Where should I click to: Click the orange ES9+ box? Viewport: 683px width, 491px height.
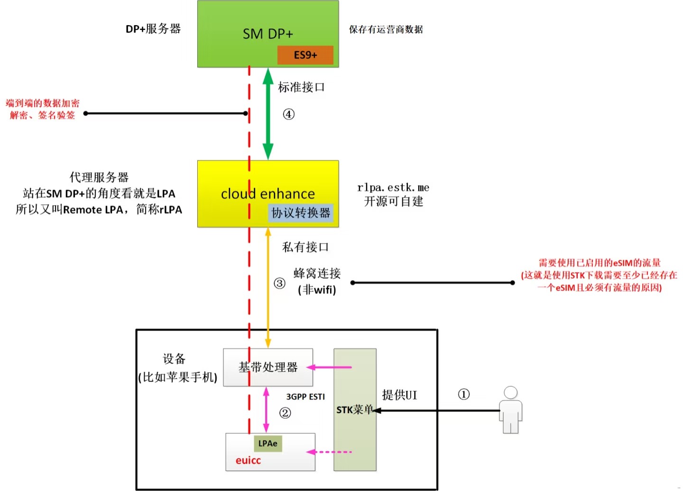click(x=305, y=55)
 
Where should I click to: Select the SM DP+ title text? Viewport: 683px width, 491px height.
click(x=268, y=34)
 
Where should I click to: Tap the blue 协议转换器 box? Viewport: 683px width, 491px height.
click(x=301, y=213)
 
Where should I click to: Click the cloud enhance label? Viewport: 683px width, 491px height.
click(x=268, y=193)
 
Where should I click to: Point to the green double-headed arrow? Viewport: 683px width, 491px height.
click(x=268, y=114)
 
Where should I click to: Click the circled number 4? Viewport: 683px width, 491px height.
click(x=288, y=114)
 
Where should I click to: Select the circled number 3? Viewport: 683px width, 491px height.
click(x=279, y=283)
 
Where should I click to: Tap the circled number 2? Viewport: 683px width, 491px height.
click(x=285, y=413)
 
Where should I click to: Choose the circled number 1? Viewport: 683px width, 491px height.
click(x=463, y=394)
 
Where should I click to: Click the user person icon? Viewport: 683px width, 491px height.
click(x=510, y=409)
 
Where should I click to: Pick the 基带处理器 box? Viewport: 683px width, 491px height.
click(x=268, y=367)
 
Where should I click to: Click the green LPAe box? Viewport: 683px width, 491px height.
click(x=268, y=444)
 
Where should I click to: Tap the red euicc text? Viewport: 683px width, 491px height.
click(x=248, y=460)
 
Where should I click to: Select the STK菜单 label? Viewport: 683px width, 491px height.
click(x=354, y=409)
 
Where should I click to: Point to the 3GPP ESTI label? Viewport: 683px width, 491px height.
click(x=305, y=397)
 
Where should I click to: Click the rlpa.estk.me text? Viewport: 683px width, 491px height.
click(x=393, y=188)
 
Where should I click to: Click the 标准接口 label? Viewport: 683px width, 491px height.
click(x=301, y=87)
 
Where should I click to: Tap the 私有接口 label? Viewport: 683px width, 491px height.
click(x=305, y=247)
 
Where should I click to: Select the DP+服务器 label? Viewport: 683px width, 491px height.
click(x=153, y=29)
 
